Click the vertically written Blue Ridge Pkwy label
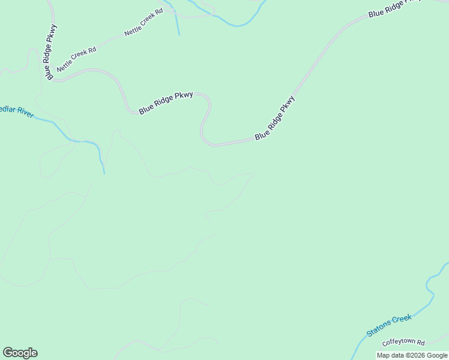pyautogui.click(x=51, y=51)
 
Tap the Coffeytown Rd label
pyautogui.click(x=403, y=343)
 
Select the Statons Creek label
pyautogui.click(x=390, y=325)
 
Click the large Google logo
pyautogui.click(x=20, y=353)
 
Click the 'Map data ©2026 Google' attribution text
pyautogui.click(x=412, y=355)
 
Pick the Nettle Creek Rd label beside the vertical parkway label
pyautogui.click(x=76, y=61)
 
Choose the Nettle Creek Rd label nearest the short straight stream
pyautogui.click(x=143, y=23)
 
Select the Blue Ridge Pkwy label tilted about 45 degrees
pyautogui.click(x=276, y=118)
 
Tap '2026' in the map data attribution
pyautogui.click(x=415, y=355)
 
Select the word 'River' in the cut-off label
pyautogui.click(x=25, y=113)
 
